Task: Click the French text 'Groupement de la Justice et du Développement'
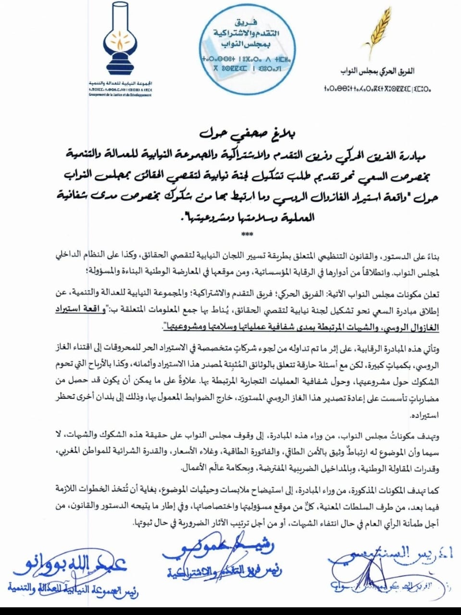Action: (120, 95)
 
